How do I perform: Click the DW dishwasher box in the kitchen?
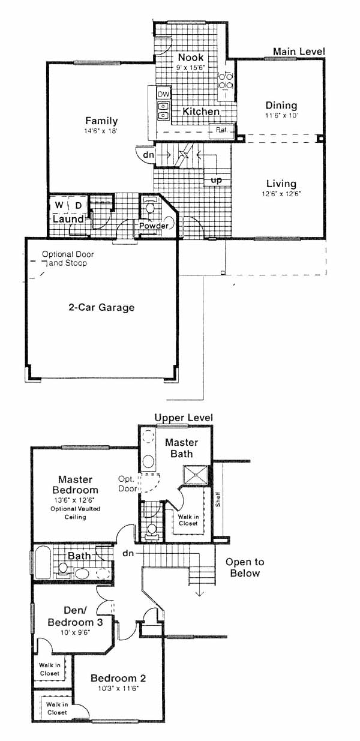[163, 94]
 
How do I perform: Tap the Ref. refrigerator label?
[221, 130]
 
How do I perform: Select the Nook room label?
[191, 57]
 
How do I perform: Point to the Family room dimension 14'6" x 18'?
[101, 131]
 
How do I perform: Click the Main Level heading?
[299, 51]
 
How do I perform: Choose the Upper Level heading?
[184, 418]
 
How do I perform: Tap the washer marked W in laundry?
[59, 205]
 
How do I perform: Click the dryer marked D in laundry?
[79, 205]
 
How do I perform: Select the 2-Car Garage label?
[101, 307]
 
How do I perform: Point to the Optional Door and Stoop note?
[67, 259]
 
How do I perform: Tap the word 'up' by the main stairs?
[217, 180]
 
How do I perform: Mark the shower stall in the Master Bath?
[196, 475]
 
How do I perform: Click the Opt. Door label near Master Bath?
[127, 484]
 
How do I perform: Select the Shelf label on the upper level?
[218, 500]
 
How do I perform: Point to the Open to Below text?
[245, 568]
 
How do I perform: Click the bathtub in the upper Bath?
[43, 562]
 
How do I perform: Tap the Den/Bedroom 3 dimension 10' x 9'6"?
[75, 632]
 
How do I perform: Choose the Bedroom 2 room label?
[118, 678]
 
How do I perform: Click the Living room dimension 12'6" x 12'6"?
[281, 194]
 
